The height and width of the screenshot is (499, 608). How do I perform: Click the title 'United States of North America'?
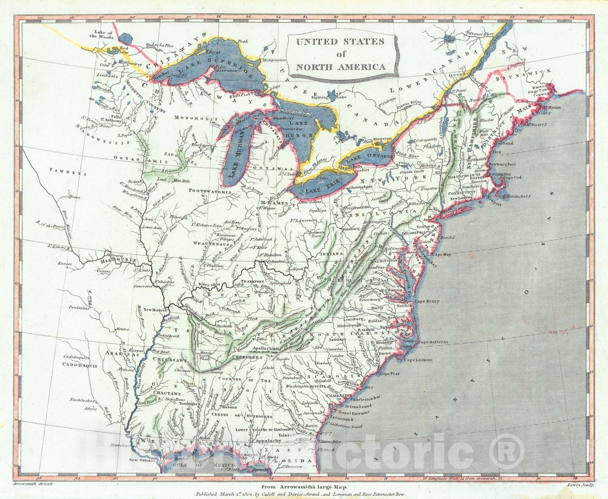point(340,54)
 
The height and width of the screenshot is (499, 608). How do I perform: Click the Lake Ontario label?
point(374,157)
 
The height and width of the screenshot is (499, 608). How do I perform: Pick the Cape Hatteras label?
point(433,342)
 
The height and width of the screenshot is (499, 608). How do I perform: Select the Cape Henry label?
point(426,301)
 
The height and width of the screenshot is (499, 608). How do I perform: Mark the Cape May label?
point(441,254)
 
